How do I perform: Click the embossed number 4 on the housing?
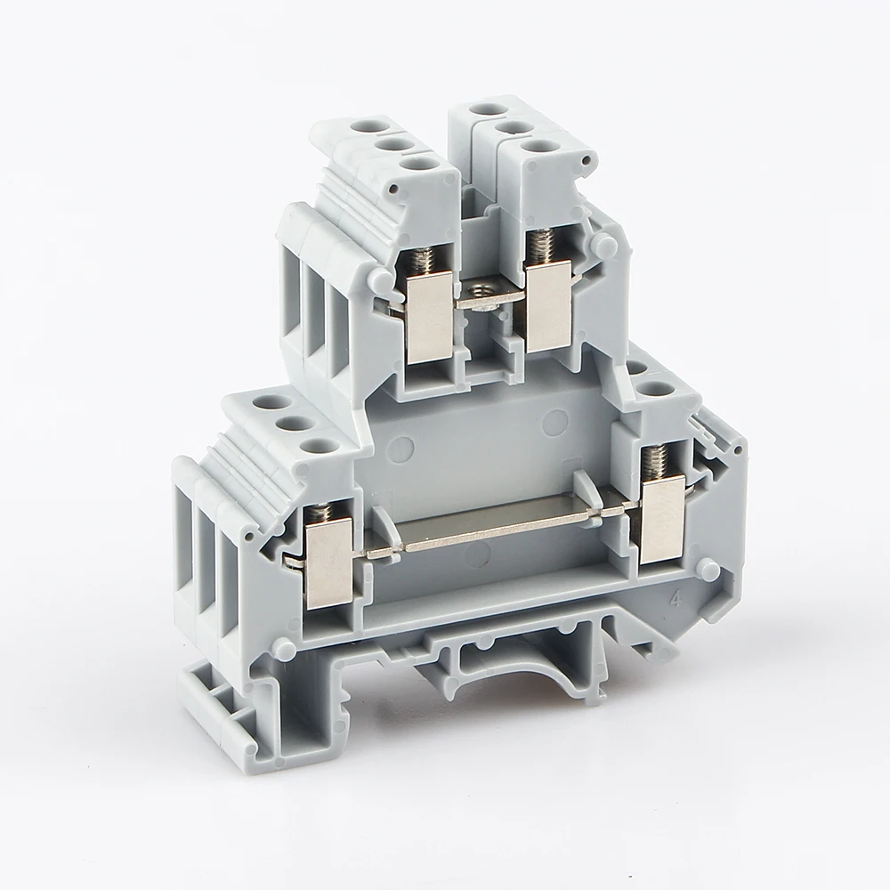(x=680, y=598)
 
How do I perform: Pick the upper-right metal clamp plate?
(x=548, y=307)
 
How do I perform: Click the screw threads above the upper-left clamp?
(x=425, y=259)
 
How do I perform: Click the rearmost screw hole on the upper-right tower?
(x=484, y=109)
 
